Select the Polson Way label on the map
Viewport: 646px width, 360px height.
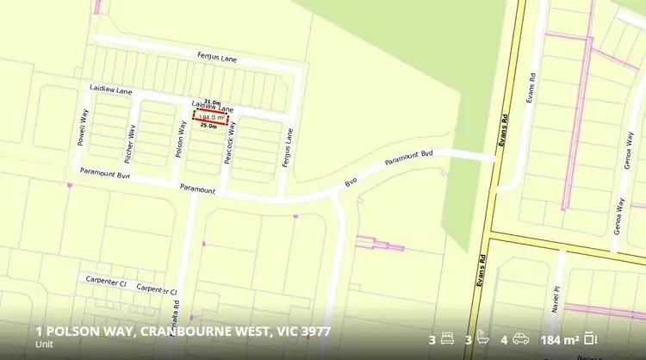tap(182, 138)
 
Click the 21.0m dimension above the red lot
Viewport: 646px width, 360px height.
tap(212, 102)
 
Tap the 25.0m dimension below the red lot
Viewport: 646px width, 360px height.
tap(208, 126)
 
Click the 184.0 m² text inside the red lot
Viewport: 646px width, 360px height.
tap(211, 116)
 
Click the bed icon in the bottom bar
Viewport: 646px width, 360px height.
tap(447, 338)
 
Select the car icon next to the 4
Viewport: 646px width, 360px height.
tap(520, 338)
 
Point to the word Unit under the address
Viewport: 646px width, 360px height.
tap(44, 345)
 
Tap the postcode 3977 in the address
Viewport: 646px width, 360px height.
tap(314, 332)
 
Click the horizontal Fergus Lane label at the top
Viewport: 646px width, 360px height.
tap(217, 59)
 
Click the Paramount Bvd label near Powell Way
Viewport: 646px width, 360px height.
tap(104, 173)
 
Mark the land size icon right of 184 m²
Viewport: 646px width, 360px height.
tap(591, 338)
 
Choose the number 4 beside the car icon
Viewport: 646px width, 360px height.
tap(504, 338)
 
